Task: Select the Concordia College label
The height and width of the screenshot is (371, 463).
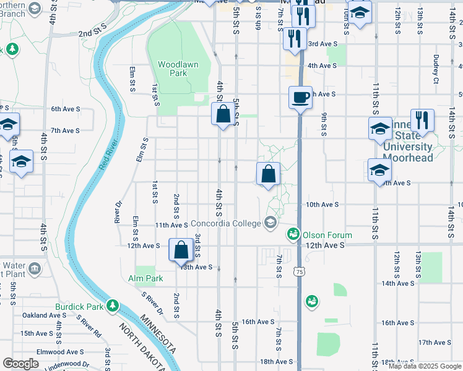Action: (x=227, y=223)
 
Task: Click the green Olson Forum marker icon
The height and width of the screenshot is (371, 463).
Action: (x=292, y=234)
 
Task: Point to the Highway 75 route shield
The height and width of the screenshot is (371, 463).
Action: (x=300, y=271)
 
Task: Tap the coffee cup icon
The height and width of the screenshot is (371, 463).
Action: (x=301, y=97)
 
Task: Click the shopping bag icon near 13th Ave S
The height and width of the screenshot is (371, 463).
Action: (x=180, y=250)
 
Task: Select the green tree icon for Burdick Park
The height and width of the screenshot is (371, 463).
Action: (x=112, y=305)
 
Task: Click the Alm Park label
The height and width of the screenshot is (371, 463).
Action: (x=146, y=278)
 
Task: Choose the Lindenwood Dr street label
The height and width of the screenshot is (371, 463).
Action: (x=69, y=364)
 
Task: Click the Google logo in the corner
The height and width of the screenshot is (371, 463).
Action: (x=21, y=364)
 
